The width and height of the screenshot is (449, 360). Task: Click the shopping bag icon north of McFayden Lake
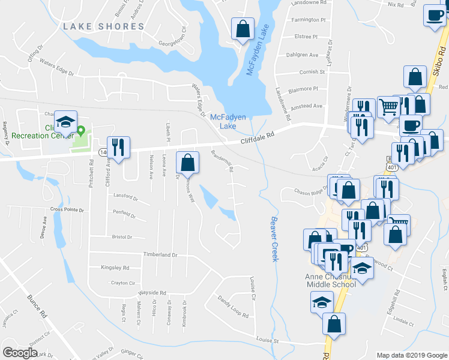tap(242, 28)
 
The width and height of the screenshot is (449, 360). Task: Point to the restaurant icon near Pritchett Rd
tap(117, 146)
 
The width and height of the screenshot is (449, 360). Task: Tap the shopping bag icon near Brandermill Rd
tap(187, 161)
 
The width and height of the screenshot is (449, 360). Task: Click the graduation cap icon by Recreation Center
tap(65, 121)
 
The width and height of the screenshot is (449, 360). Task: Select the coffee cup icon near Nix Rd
tap(434, 15)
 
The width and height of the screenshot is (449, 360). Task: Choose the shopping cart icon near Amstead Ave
tap(388, 107)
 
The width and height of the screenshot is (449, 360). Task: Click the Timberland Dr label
tap(160, 254)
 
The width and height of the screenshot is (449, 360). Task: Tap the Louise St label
tap(267, 340)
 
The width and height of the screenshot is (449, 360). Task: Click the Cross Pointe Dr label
tap(67, 209)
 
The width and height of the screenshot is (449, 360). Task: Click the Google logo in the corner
tap(20, 353)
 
